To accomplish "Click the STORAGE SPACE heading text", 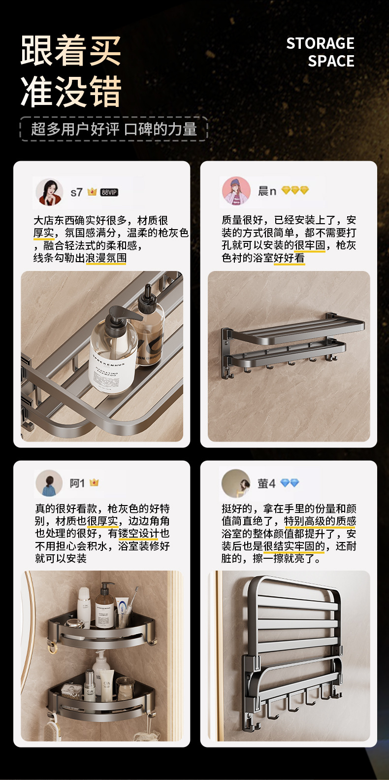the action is pos(320,52).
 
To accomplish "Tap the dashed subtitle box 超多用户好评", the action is pos(114,129).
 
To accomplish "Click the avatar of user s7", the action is pos(49,192).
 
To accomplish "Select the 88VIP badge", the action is pos(109,192).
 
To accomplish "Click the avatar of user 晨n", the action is pos(236,191).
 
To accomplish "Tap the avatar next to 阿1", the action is pos(49,483).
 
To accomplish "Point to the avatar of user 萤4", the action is pos(235,483).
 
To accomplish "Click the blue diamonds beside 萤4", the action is pos(290,483).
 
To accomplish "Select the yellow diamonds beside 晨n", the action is pos(295,190).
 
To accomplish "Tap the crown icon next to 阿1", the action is pos(94,482).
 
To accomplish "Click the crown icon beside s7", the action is pos(92,192).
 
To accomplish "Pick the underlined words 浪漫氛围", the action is pos(106,258).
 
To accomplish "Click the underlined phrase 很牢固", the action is pos(310,245).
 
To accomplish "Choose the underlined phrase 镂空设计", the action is pos(138,534).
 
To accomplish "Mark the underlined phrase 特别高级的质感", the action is pos(320,521).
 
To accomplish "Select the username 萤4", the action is pos(266,483).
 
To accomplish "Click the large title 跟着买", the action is pos(70,50).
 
